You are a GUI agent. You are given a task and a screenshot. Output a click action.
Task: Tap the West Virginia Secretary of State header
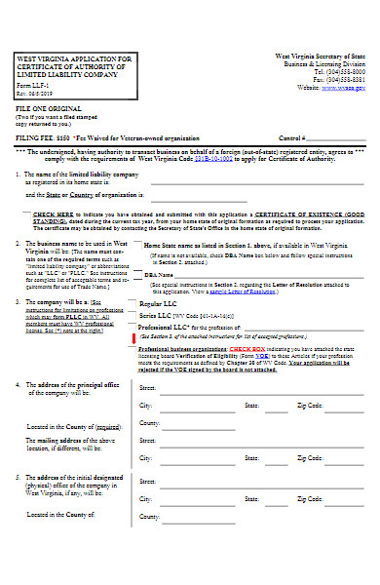[x=321, y=56]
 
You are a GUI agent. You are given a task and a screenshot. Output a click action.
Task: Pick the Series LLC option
[x=156, y=317]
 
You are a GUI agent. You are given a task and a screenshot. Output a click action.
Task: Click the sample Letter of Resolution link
[x=260, y=292]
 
